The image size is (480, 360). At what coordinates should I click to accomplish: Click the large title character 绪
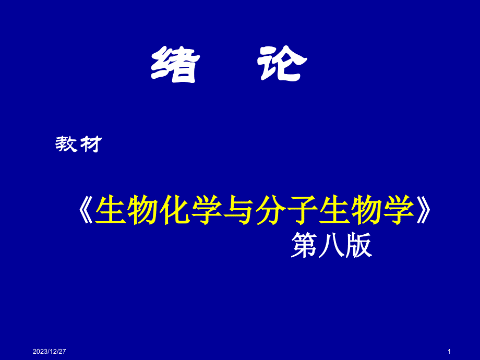(x=175, y=64)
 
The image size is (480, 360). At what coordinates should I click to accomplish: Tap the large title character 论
(x=282, y=64)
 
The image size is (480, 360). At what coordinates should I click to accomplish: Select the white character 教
(x=66, y=144)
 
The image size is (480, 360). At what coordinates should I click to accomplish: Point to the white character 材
(x=91, y=144)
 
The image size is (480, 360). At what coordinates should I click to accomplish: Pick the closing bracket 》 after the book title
(x=424, y=210)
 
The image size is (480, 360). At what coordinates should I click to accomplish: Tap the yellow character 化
(x=174, y=210)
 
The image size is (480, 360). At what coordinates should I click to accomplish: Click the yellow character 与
(x=238, y=210)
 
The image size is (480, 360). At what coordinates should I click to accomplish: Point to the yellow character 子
(x=303, y=210)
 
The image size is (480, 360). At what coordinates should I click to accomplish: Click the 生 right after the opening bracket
(x=111, y=210)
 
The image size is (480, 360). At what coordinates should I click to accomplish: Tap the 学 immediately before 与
(x=207, y=210)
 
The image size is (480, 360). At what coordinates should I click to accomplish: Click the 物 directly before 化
(x=142, y=210)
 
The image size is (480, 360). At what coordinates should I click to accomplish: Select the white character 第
(x=304, y=245)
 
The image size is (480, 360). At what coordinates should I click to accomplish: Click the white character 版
(x=358, y=245)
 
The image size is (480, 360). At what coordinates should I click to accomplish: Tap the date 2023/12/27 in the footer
(x=49, y=352)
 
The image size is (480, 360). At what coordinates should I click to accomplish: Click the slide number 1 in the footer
(x=449, y=352)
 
